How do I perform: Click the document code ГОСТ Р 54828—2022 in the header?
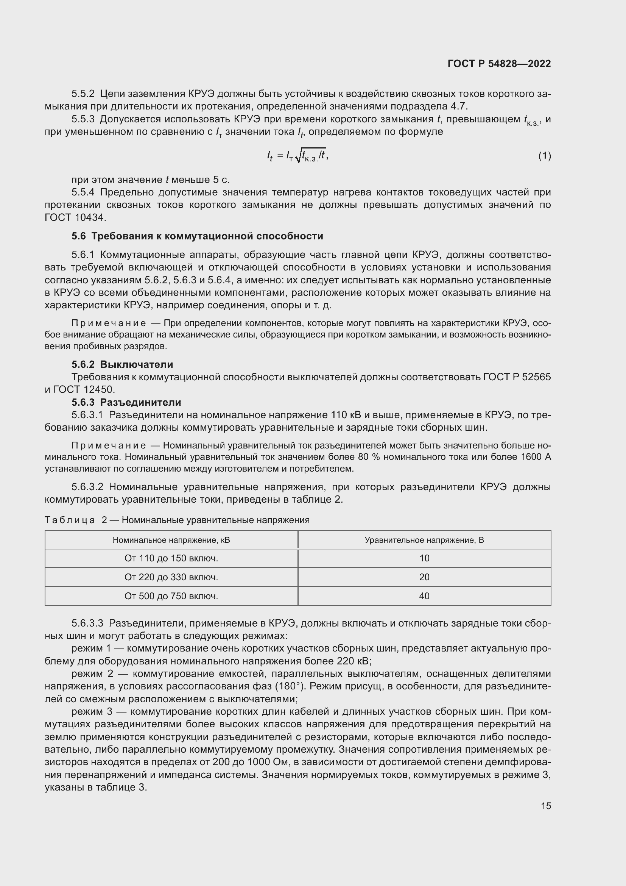[x=499, y=64]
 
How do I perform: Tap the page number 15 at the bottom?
[x=546, y=806]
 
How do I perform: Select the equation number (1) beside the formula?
[x=544, y=156]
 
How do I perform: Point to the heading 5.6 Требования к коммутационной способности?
[x=197, y=236]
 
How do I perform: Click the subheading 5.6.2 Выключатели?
[x=122, y=364]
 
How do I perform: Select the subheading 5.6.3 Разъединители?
[x=126, y=402]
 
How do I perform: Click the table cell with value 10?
[x=424, y=558]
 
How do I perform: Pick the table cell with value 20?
[x=424, y=577]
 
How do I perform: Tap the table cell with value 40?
[x=424, y=596]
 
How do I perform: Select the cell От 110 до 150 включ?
[x=171, y=558]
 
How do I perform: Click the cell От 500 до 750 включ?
[x=171, y=596]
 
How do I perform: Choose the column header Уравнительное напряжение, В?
[x=424, y=540]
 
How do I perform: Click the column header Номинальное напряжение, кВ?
[x=171, y=540]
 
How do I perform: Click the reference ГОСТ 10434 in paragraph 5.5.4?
[x=75, y=218]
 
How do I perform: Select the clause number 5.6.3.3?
[x=87, y=623]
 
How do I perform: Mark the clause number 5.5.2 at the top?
[x=83, y=94]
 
